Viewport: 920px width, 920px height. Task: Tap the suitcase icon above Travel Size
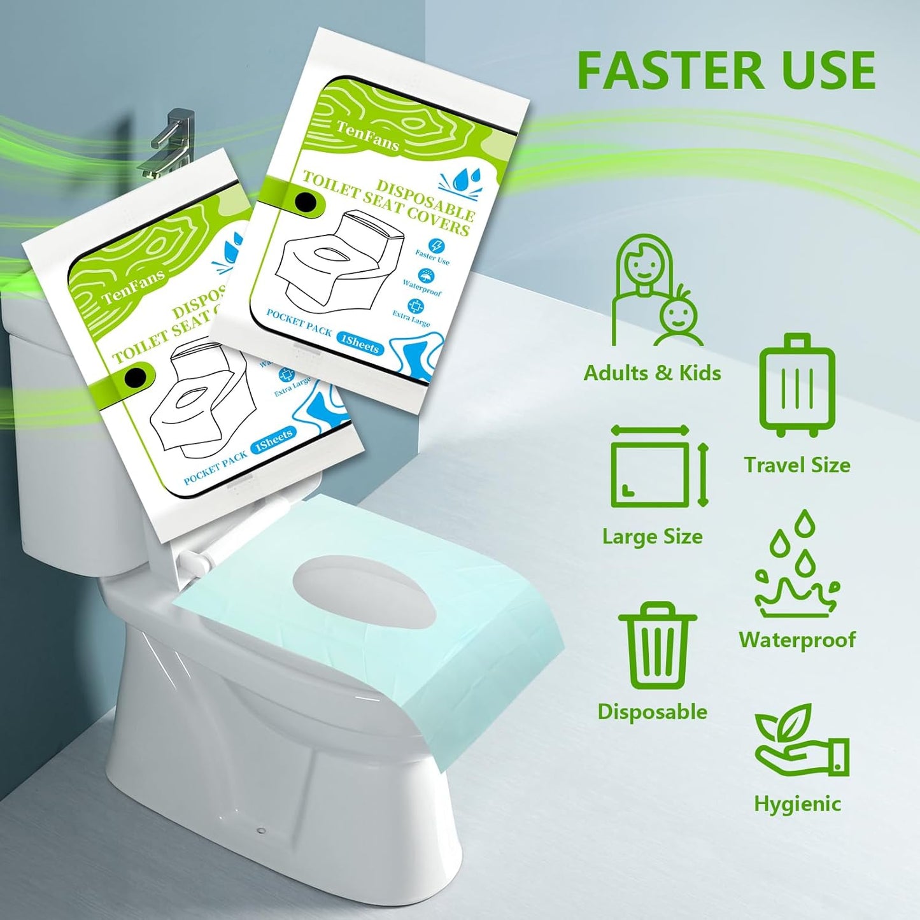pyautogui.click(x=796, y=385)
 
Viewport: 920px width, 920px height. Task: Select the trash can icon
pyautogui.click(x=657, y=646)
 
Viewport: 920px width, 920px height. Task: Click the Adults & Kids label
pyautogui.click(x=652, y=372)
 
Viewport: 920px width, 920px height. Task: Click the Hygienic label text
pyautogui.click(x=797, y=803)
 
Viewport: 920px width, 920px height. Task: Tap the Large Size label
pyautogui.click(x=652, y=537)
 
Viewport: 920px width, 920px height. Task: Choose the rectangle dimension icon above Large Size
pyautogui.click(x=658, y=466)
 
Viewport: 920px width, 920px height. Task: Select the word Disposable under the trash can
pyautogui.click(x=652, y=711)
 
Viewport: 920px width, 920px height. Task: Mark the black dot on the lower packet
pyautogui.click(x=134, y=376)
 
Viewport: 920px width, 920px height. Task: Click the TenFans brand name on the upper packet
pyautogui.click(x=367, y=136)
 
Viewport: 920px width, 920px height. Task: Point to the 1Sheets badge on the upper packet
pyautogui.click(x=360, y=344)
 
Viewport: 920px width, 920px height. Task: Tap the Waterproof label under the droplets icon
pyautogui.click(x=797, y=639)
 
